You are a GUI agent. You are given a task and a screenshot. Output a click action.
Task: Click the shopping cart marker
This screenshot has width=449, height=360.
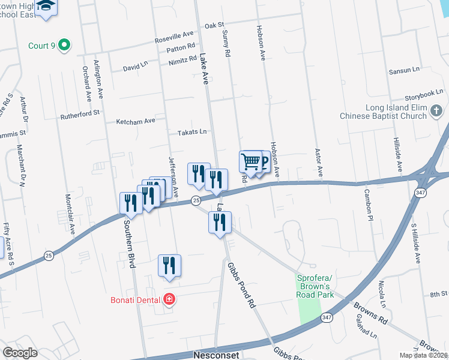[x=250, y=161]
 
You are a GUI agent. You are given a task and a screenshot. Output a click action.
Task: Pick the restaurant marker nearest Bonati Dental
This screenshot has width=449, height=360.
[x=169, y=266]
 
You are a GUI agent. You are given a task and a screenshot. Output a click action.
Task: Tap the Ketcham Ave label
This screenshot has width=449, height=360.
[x=136, y=121]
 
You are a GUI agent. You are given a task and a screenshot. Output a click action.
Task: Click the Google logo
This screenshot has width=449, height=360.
[x=20, y=353]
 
